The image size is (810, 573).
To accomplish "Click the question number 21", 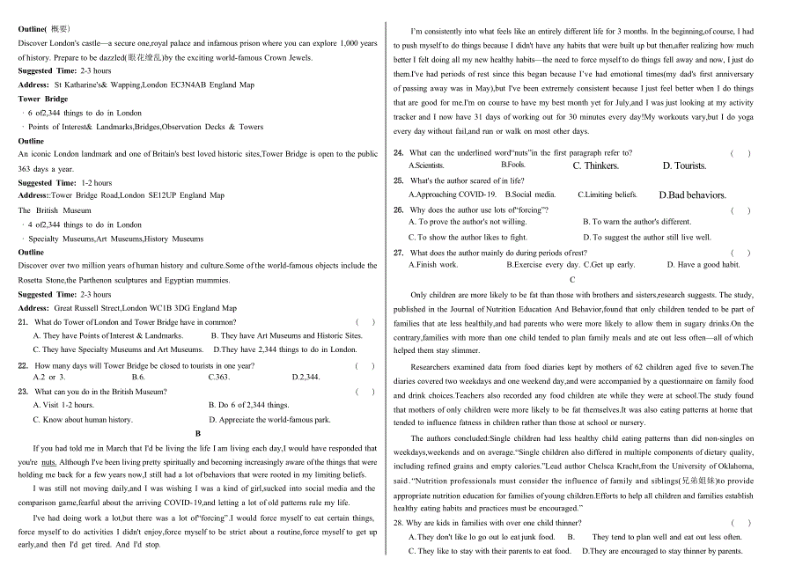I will [23, 322].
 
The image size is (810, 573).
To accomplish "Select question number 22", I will [23, 365].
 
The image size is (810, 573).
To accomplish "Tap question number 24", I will [398, 152].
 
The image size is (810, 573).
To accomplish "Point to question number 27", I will [398, 253].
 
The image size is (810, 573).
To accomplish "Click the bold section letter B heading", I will [198, 433].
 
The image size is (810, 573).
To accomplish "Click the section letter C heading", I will [572, 280].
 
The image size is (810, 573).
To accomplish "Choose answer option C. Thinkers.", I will [595, 165].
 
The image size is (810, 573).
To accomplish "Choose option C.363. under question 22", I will [218, 377].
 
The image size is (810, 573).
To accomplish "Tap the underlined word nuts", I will [48, 461].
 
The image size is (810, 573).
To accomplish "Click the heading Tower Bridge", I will [43, 99].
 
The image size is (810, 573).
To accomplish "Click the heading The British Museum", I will [55, 210].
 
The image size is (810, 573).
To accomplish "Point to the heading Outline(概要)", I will [45, 29].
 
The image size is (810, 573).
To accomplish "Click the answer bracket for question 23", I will [365, 392].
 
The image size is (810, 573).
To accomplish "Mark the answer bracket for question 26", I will [740, 210].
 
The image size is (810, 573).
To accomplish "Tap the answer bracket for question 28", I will [740, 523].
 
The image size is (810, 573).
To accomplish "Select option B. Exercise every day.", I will [543, 265].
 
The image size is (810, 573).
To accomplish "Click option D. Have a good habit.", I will [703, 265].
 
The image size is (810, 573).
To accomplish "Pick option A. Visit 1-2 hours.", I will [63, 405].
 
